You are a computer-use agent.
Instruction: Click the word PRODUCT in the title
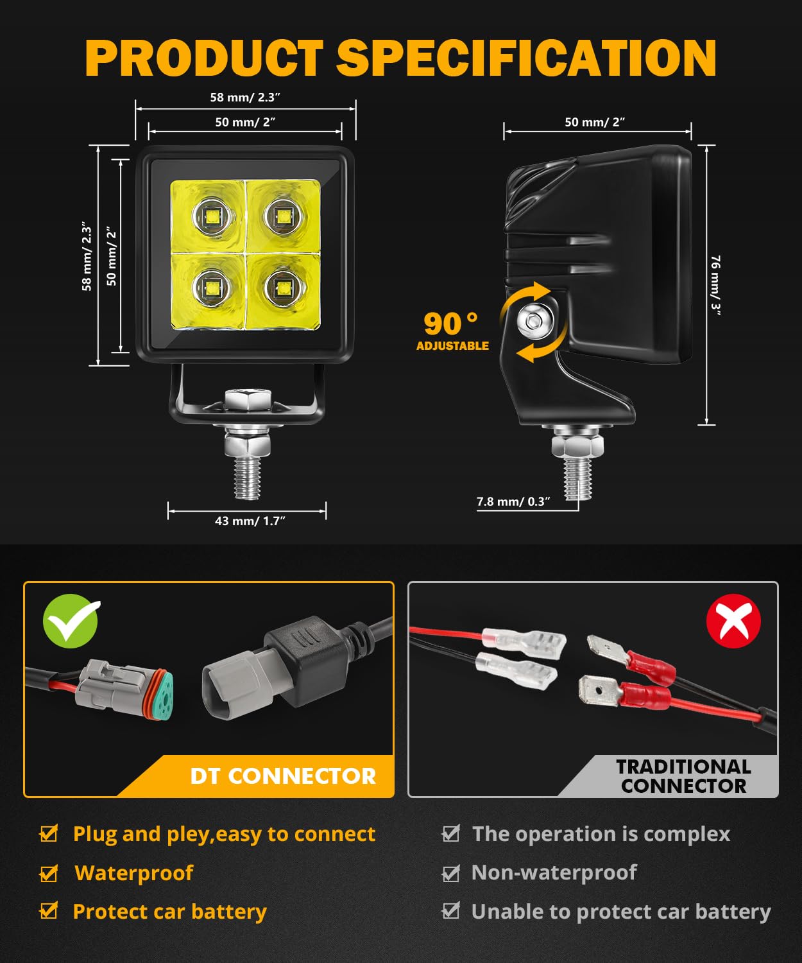(x=204, y=58)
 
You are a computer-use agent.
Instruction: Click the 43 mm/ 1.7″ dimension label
(x=250, y=521)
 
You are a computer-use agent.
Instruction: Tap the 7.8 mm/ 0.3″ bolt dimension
(x=513, y=501)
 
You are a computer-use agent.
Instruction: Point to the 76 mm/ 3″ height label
(x=715, y=282)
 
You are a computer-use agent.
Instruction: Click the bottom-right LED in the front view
(x=280, y=286)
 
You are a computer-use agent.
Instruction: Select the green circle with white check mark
(x=71, y=621)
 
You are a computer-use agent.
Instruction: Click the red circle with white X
(x=733, y=621)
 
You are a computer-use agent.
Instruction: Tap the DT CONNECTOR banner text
(x=282, y=776)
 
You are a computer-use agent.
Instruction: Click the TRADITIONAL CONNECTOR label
(x=683, y=776)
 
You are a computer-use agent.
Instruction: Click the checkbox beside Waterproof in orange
(x=49, y=873)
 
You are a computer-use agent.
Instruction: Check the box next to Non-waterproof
(x=451, y=873)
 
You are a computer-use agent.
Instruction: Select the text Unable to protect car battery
(x=620, y=912)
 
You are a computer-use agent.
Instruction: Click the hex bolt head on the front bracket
(x=248, y=399)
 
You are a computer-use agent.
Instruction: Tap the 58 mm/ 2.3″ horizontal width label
(x=245, y=98)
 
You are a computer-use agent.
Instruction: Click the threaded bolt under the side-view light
(x=578, y=476)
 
